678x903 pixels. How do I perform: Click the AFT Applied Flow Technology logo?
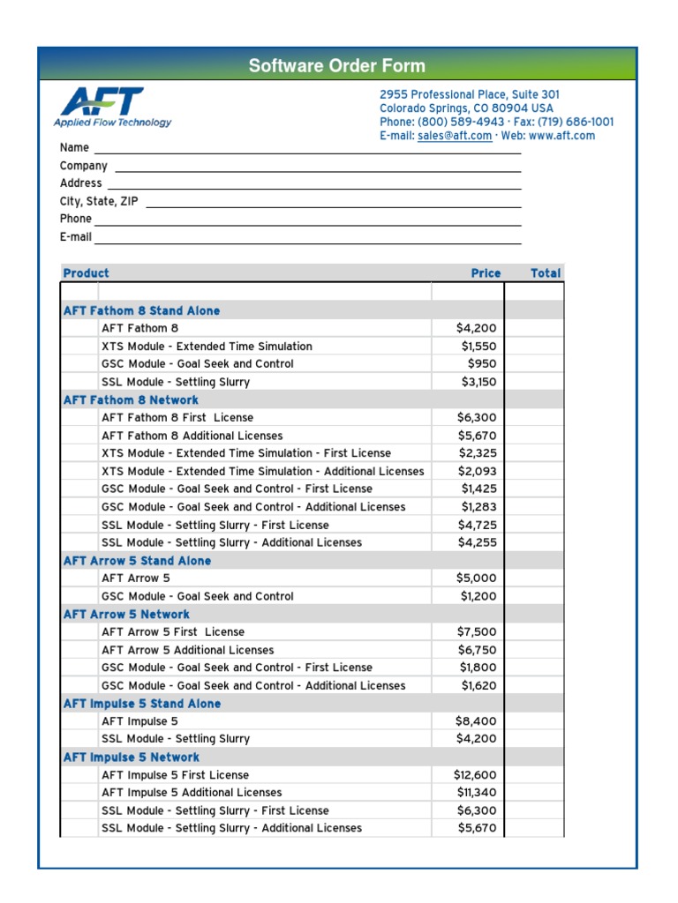112,108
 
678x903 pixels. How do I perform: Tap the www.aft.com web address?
562,136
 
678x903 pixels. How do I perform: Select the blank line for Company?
318,167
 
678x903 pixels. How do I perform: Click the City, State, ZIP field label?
99,201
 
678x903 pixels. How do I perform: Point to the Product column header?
87,273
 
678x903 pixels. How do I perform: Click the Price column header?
486,273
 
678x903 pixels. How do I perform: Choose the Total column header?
545,273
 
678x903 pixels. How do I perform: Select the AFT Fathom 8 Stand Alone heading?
142,310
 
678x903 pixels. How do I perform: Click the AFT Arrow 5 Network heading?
126,614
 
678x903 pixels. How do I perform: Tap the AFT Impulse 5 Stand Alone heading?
142,704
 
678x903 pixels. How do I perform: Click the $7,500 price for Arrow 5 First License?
477,631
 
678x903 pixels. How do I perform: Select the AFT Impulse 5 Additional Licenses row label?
192,792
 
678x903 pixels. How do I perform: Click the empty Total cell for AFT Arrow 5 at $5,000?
534,578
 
